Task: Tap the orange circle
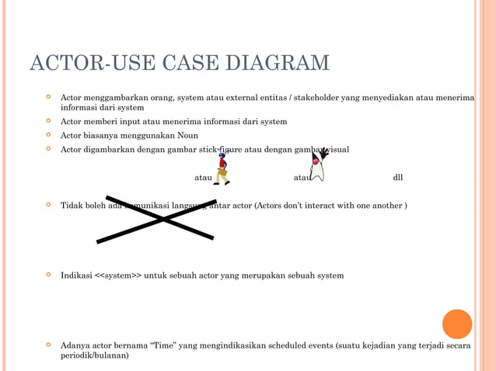click(457, 324)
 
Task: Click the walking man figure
click(222, 168)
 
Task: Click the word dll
click(398, 178)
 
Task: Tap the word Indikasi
click(76, 276)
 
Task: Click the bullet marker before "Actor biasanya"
click(48, 134)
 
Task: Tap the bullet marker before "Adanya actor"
click(48, 345)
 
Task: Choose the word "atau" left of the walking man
click(203, 178)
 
